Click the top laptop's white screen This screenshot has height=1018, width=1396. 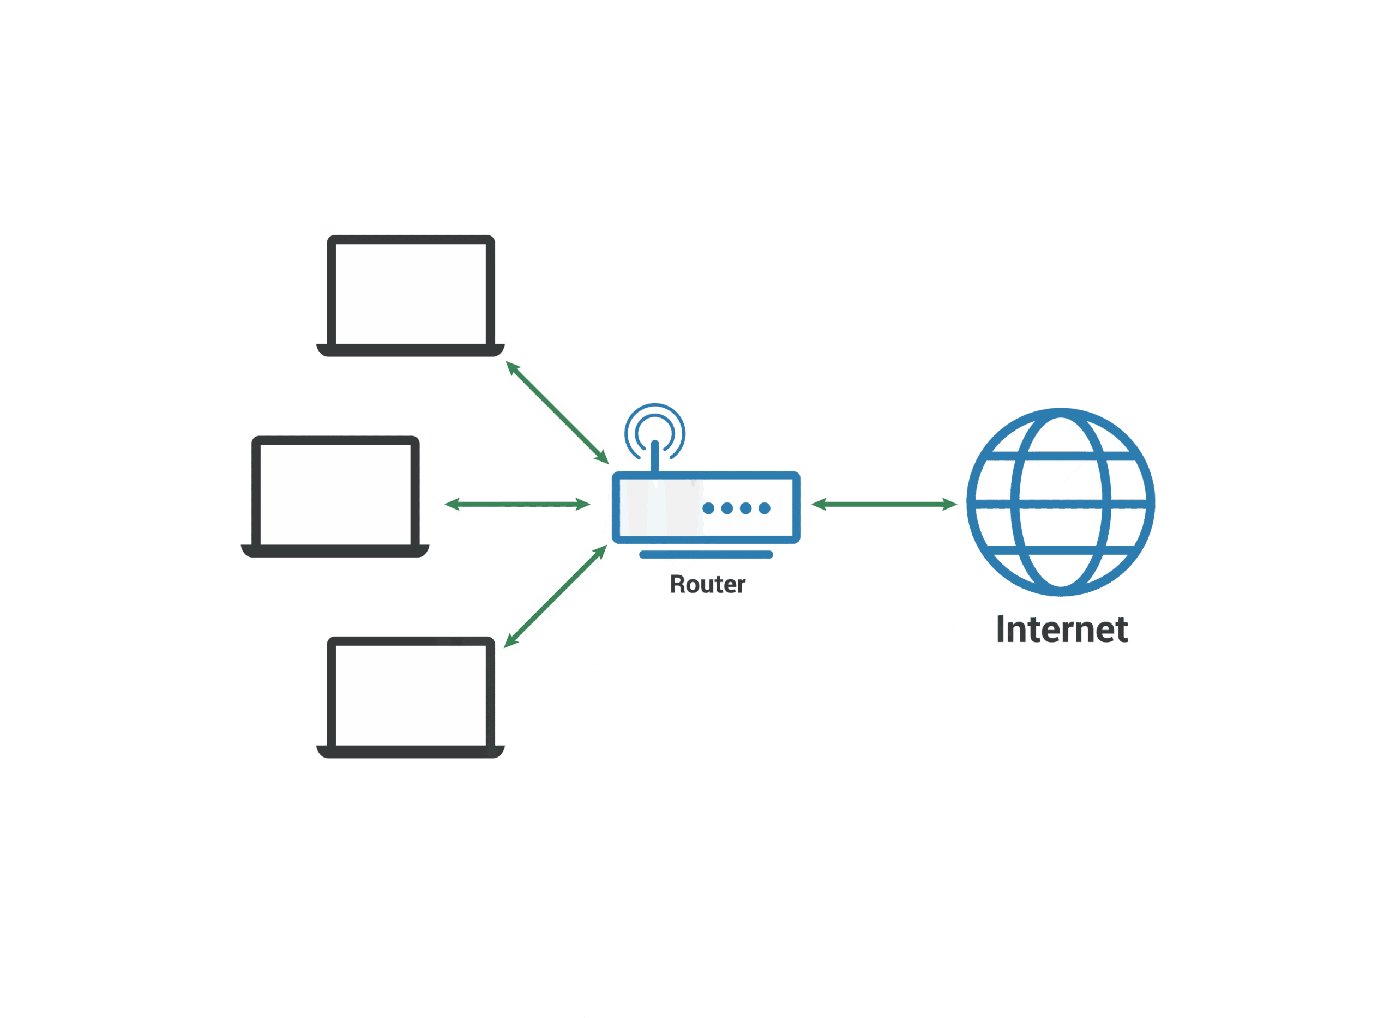[411, 293]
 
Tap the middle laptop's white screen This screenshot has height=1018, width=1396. [335, 494]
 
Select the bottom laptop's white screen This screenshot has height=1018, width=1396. [411, 695]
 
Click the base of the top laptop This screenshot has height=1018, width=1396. [411, 352]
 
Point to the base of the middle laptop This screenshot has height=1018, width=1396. [335, 552]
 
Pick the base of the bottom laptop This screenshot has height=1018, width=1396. [411, 753]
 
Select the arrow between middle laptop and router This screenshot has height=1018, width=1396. [518, 505]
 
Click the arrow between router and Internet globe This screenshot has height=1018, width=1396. [883, 505]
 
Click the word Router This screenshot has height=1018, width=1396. [707, 584]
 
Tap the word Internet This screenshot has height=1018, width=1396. [1062, 630]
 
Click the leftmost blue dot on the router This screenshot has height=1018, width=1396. [708, 508]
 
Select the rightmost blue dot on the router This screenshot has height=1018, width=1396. [765, 508]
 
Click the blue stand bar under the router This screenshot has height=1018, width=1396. [706, 555]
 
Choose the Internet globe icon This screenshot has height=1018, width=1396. [1061, 502]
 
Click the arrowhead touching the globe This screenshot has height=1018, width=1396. [950, 505]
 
